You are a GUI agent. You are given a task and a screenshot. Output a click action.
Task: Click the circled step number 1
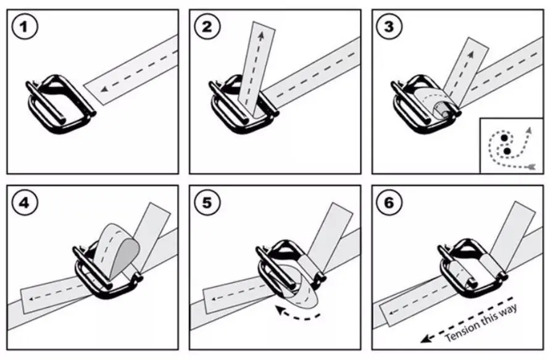25,27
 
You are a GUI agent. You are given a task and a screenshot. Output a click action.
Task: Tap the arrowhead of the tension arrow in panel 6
425,339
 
